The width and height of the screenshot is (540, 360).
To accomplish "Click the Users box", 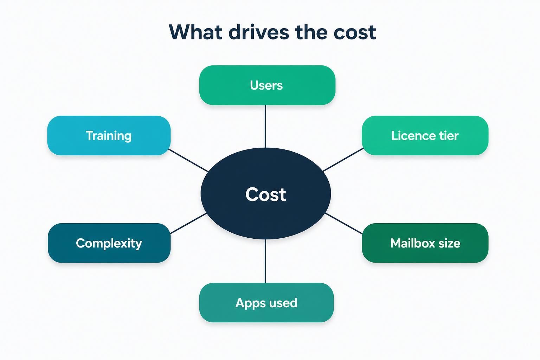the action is [x=267, y=85].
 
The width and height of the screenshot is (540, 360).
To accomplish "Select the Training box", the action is [x=109, y=135].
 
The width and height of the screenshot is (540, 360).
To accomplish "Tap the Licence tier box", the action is [x=425, y=135].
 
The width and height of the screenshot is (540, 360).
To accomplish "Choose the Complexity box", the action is [x=109, y=243].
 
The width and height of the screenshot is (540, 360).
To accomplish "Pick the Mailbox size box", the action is [x=425, y=243].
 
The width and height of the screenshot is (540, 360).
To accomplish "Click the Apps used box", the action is [x=266, y=303].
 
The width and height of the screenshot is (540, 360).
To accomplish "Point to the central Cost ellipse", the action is [x=266, y=194].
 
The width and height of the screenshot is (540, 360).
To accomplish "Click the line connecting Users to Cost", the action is [x=265, y=126].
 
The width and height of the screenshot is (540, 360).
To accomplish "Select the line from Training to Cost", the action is [x=188, y=160].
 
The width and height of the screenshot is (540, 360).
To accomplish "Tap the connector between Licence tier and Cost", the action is [x=343, y=160].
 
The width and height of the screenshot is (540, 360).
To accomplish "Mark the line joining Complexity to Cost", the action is [x=188, y=223].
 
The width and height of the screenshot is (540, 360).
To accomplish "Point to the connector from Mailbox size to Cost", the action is [x=343, y=224].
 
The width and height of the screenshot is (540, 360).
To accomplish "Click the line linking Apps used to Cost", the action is [x=265, y=261].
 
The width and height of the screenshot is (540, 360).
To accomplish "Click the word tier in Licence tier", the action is [x=449, y=135].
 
